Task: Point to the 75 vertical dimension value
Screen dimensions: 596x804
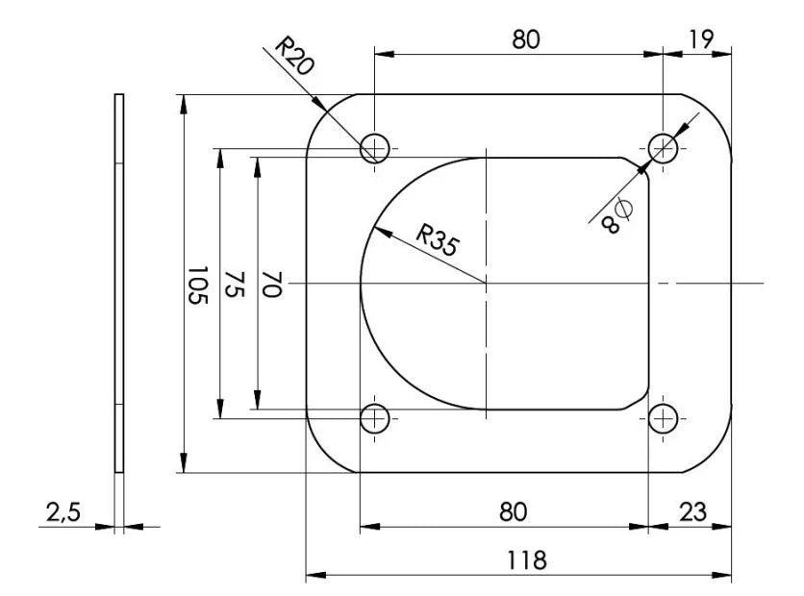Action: [234, 285]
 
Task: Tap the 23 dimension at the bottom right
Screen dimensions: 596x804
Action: [691, 512]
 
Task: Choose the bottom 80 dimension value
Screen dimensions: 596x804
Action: [513, 512]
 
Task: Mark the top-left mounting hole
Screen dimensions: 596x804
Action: [374, 148]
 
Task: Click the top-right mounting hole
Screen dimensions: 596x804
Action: [664, 148]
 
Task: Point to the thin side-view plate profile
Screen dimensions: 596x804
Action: [119, 284]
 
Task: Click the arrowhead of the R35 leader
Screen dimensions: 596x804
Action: [372, 230]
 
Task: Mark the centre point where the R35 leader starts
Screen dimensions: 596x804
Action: [487, 284]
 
